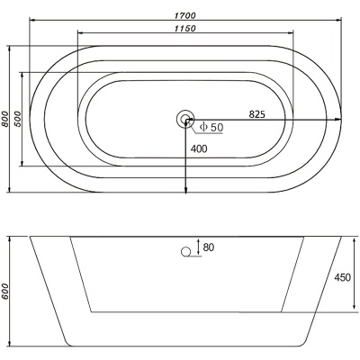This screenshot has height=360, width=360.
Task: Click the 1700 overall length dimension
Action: (x=185, y=15)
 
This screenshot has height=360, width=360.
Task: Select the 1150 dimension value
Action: (x=185, y=29)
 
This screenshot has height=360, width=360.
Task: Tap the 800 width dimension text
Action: (x=5, y=119)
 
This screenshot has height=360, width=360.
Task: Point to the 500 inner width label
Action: (x=18, y=119)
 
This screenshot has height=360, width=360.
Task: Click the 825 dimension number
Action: (x=257, y=114)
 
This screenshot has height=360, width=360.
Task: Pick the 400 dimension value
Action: (x=199, y=148)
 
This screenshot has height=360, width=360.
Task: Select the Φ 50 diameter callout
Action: (x=211, y=128)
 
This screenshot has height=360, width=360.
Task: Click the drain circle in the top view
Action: (x=185, y=119)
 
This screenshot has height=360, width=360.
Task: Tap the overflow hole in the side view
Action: (x=186, y=252)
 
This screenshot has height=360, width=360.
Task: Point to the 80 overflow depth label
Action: (x=209, y=247)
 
